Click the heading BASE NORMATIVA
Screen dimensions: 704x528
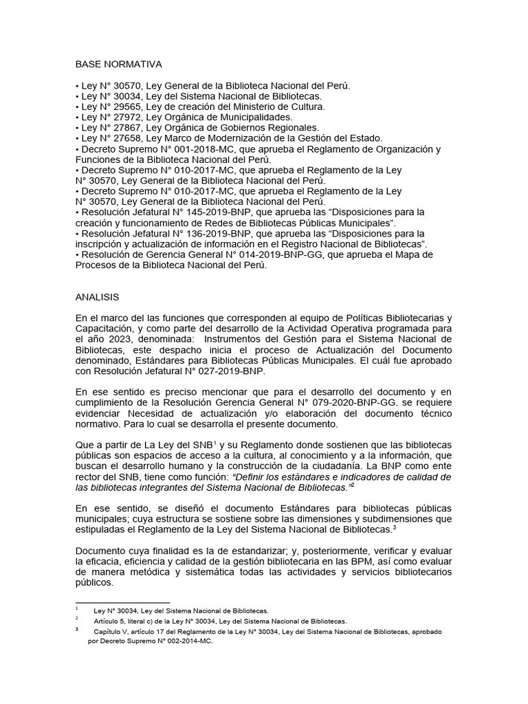click(x=118, y=65)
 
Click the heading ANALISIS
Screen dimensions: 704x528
click(x=97, y=297)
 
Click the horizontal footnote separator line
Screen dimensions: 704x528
click(x=122, y=602)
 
